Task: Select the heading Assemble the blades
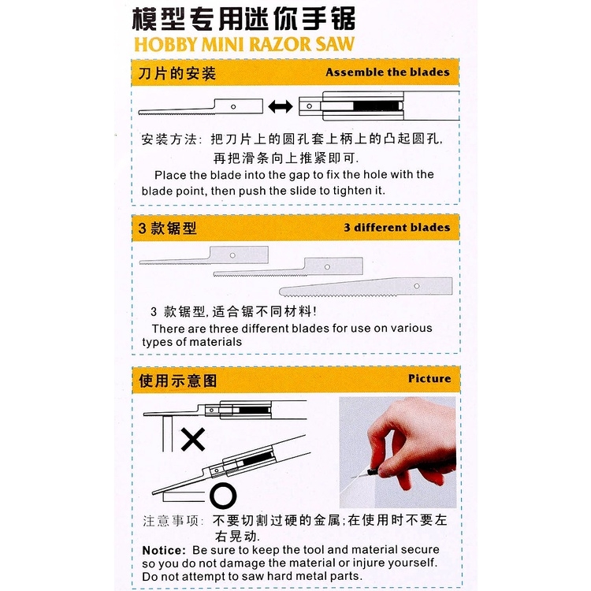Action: point(388,72)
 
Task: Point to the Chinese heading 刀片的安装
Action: point(177,74)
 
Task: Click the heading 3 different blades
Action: point(396,228)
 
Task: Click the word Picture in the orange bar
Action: point(429,378)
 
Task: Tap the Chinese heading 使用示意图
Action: point(177,381)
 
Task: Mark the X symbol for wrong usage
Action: point(193,440)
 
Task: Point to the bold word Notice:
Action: point(163,550)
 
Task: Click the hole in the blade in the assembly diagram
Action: point(234,106)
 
